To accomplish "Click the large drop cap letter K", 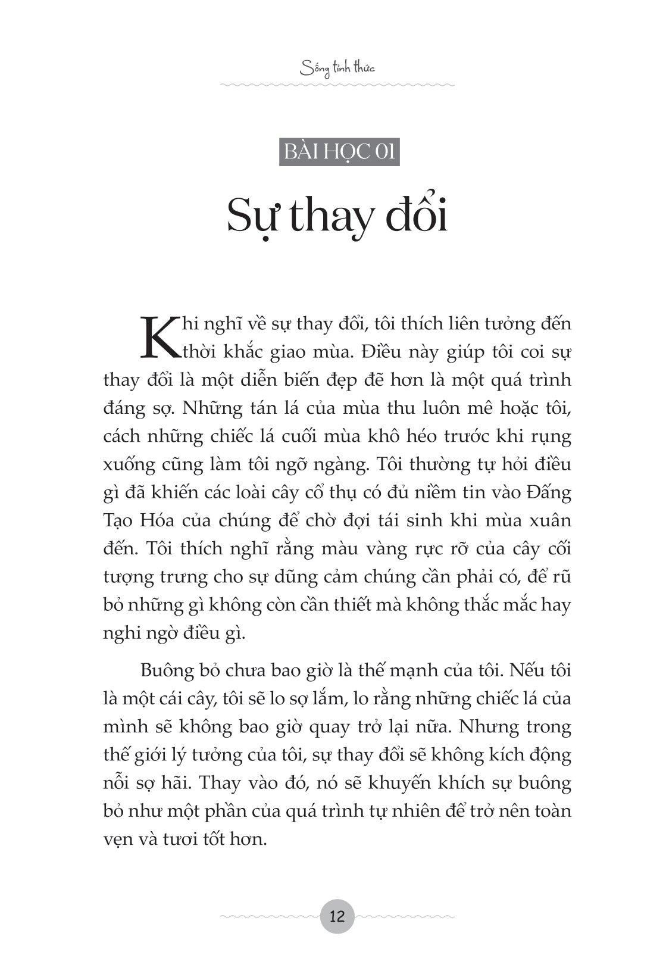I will [x=156, y=338].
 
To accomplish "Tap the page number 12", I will [x=337, y=916].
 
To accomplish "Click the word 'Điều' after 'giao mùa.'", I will [x=383, y=352].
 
